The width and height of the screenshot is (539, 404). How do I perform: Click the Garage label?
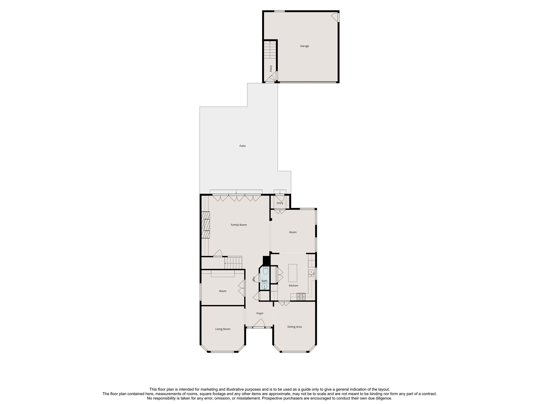click(305, 46)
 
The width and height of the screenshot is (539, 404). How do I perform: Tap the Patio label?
click(242, 146)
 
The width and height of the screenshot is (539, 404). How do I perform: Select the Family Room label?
click(239, 225)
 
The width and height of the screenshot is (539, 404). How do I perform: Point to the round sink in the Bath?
click(265, 286)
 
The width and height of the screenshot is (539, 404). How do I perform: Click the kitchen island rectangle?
click(292, 273)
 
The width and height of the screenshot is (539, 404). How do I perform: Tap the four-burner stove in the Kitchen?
click(301, 297)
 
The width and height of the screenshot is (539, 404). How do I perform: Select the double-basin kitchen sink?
click(311, 274)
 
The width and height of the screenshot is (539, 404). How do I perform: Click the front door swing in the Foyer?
click(259, 323)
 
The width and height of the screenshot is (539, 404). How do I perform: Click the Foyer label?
click(260, 313)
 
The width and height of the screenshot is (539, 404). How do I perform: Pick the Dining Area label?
click(295, 327)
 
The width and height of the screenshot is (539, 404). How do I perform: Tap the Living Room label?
click(223, 329)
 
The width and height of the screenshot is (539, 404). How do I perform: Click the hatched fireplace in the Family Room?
click(205, 225)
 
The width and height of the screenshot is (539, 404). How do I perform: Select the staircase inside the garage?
click(270, 50)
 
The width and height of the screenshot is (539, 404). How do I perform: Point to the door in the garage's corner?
click(335, 17)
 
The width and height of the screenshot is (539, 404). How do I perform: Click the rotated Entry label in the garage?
click(271, 69)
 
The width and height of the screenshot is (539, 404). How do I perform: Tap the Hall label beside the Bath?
click(254, 279)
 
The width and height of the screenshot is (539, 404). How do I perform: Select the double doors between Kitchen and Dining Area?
click(284, 303)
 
